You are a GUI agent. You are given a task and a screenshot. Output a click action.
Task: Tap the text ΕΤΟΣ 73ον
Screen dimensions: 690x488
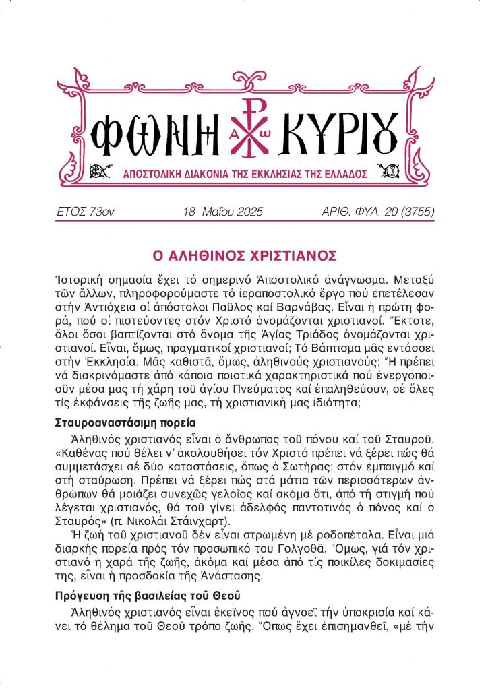(x=86, y=212)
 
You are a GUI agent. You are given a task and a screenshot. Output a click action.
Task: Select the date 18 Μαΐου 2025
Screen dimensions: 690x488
(x=222, y=212)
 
